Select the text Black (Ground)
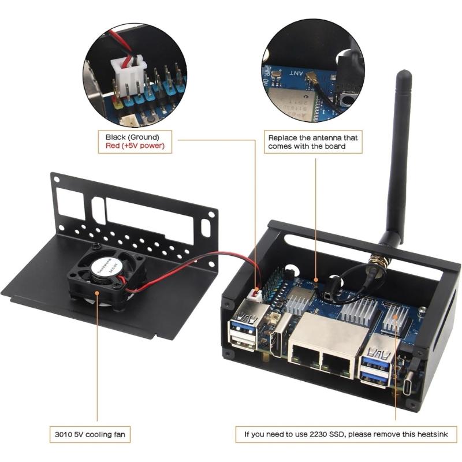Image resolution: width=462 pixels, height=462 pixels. (132, 137)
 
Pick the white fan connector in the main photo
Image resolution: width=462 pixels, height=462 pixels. (255, 296)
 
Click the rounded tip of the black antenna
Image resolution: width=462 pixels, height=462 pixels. (404, 75)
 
